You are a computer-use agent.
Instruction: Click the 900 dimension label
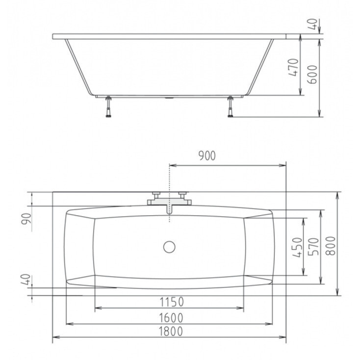click(207, 155)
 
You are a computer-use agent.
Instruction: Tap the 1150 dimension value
click(172, 302)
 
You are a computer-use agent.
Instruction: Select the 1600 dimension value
click(171, 318)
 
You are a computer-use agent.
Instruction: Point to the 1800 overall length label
click(171, 331)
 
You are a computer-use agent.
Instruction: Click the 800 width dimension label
click(331, 246)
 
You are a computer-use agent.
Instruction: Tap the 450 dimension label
click(298, 248)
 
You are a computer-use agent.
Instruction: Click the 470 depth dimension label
click(294, 67)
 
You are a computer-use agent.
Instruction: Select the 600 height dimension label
click(312, 75)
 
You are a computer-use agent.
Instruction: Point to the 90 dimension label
click(26, 219)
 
